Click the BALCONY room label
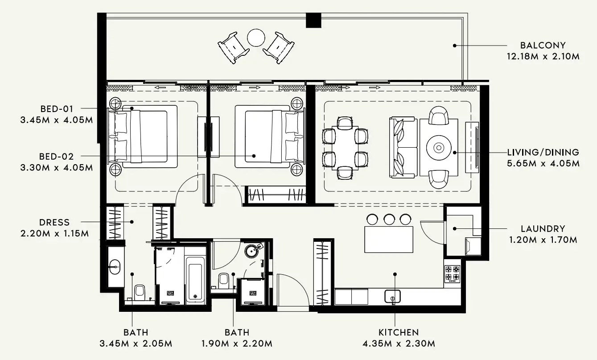pyautogui.click(x=543, y=45)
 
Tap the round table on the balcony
pyautogui.click(x=256, y=37)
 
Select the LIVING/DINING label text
pyautogui.click(x=543, y=153)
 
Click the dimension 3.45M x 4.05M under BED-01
pyautogui.click(x=56, y=120)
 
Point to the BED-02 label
pyautogui.click(x=57, y=157)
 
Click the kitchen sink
pyautogui.click(x=392, y=296)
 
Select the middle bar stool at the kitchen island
pyautogui.click(x=389, y=219)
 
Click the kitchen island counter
pyautogui.click(x=389, y=239)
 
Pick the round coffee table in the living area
pyautogui.click(x=439, y=148)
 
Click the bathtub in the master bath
pyautogui.click(x=196, y=280)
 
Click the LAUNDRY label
pyautogui.click(x=543, y=229)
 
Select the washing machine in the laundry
pyautogui.click(x=472, y=246)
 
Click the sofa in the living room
pyautogui.click(x=403, y=148)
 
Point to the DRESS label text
pyautogui.click(x=54, y=222)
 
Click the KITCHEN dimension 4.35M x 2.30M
pyautogui.click(x=398, y=343)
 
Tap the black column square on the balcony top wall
pyautogui.click(x=313, y=20)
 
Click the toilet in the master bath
pyautogui.click(x=139, y=293)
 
